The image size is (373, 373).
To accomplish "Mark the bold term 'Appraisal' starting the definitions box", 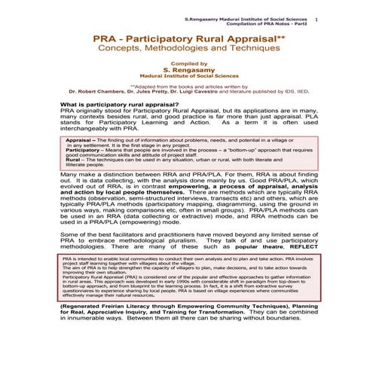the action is point(80,141).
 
